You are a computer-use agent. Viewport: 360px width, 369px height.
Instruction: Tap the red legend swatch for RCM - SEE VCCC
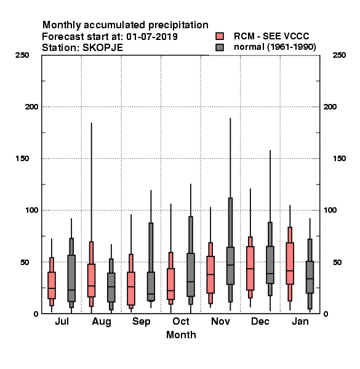click(x=220, y=36)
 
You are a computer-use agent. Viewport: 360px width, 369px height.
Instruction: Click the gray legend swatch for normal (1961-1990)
click(x=220, y=47)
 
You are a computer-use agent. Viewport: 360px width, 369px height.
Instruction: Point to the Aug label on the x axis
click(x=102, y=322)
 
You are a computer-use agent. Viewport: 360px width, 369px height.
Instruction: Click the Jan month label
click(x=300, y=321)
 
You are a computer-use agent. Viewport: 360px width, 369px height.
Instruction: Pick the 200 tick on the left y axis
click(x=31, y=107)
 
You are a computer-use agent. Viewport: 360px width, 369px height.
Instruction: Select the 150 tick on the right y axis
click(x=339, y=159)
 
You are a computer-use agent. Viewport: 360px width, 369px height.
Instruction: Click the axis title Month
click(x=181, y=335)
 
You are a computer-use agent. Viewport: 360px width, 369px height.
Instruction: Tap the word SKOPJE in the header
click(x=103, y=48)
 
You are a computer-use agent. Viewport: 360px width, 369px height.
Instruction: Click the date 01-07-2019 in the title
click(x=152, y=37)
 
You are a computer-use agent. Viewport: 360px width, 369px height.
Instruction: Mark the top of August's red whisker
click(x=91, y=123)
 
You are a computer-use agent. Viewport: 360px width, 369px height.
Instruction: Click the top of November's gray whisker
click(x=230, y=118)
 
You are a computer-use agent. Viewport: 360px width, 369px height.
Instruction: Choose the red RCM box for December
click(x=250, y=268)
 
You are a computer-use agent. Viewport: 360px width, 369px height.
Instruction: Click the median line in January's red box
click(x=290, y=271)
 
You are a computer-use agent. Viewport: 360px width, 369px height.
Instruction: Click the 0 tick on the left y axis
click(x=36, y=314)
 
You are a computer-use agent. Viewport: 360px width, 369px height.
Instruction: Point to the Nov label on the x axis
click(x=220, y=321)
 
